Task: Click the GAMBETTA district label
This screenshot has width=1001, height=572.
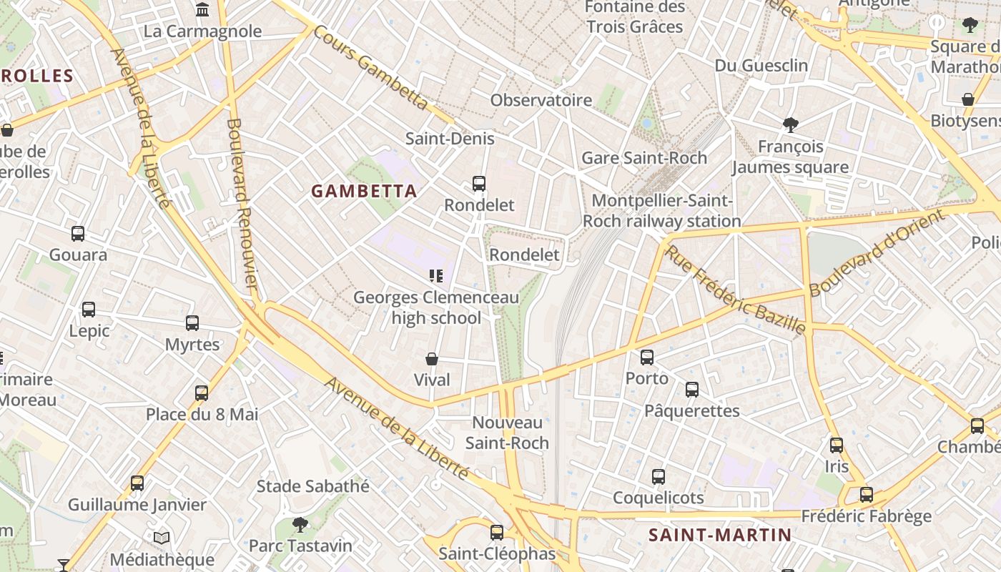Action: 364,191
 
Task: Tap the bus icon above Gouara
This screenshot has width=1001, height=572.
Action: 78,234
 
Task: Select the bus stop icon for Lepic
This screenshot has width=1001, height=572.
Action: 89,310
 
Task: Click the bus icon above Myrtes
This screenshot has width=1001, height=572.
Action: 192,323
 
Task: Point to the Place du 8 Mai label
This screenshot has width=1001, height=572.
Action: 202,415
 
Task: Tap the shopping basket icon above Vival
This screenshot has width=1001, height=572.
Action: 432,359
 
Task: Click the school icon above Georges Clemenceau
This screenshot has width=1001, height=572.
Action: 436,276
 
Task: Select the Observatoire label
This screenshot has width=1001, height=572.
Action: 541,100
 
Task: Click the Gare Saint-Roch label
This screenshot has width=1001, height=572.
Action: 644,158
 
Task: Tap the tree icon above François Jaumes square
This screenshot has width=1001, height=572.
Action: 791,125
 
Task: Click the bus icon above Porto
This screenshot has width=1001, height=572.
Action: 647,357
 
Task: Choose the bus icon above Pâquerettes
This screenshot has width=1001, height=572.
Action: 692,390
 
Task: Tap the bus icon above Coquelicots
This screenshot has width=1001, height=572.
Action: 659,476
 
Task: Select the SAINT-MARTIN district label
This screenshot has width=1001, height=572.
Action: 720,535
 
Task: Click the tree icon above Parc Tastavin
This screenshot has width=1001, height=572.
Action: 300,525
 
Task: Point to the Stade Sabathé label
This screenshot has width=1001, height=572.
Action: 313,487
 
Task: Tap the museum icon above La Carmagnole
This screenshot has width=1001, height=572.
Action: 202,10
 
